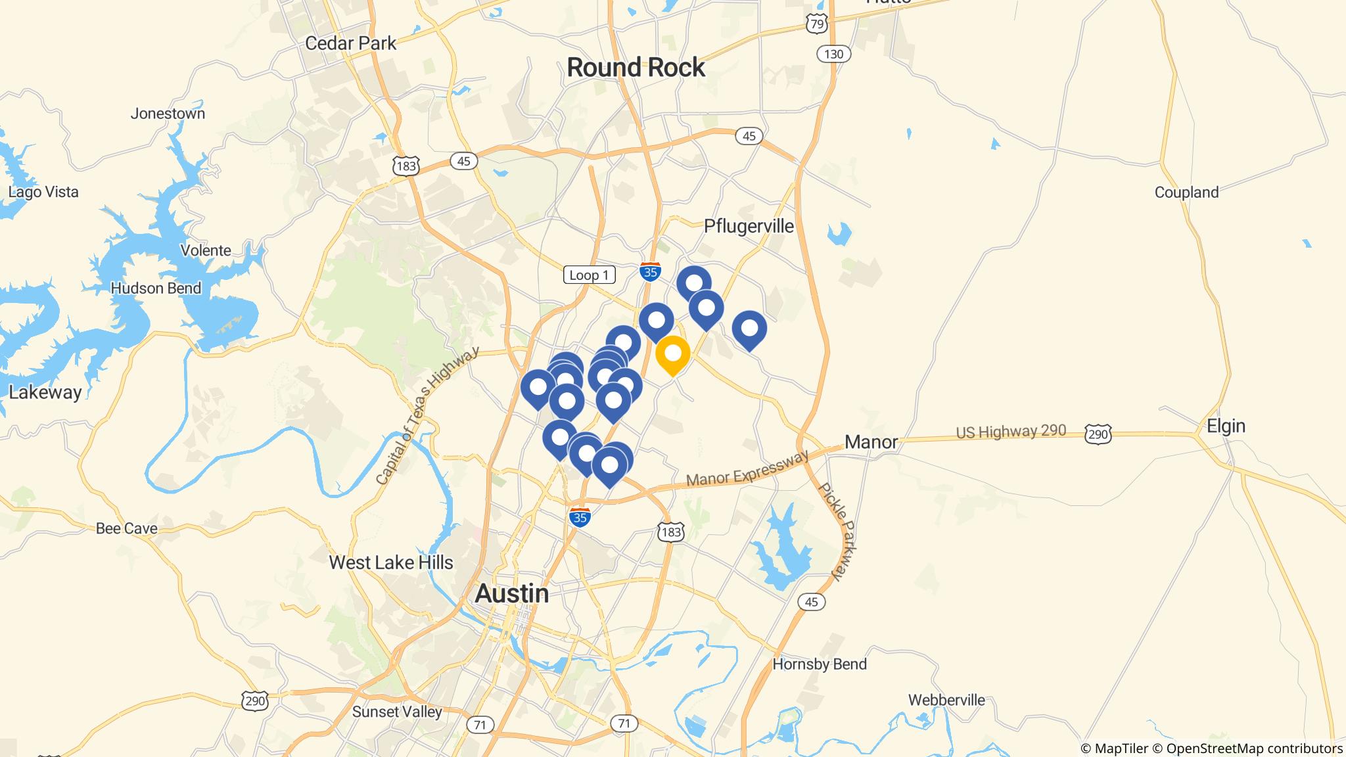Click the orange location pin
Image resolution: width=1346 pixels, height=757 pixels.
click(x=672, y=355)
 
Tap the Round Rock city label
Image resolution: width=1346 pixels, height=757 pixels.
click(x=636, y=68)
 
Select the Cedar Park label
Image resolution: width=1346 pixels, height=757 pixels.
click(x=350, y=43)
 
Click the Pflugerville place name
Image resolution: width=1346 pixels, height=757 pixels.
click(x=749, y=226)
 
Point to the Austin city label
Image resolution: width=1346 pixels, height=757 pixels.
click(x=511, y=593)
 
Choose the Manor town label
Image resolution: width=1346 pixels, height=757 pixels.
click(x=871, y=442)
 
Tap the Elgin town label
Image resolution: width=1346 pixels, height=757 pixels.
click(x=1226, y=426)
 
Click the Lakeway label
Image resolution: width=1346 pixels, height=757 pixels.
click(x=45, y=392)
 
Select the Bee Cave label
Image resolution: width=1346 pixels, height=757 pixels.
click(x=126, y=528)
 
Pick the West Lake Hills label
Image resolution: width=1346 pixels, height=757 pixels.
click(x=391, y=562)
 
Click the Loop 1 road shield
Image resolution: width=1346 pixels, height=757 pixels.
click(x=589, y=275)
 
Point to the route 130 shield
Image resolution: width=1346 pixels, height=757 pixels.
click(x=833, y=54)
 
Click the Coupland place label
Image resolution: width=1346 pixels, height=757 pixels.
click(x=1186, y=193)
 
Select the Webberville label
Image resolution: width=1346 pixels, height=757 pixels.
click(x=946, y=700)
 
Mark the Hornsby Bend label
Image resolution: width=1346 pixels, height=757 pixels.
click(x=819, y=664)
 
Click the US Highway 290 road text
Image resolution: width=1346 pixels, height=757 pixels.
click(x=1011, y=432)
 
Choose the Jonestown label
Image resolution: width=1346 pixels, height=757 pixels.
click(x=168, y=114)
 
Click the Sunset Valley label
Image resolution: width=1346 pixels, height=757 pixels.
click(x=397, y=712)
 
